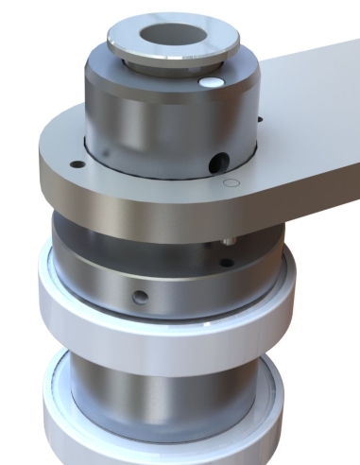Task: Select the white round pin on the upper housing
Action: tap(210, 84)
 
